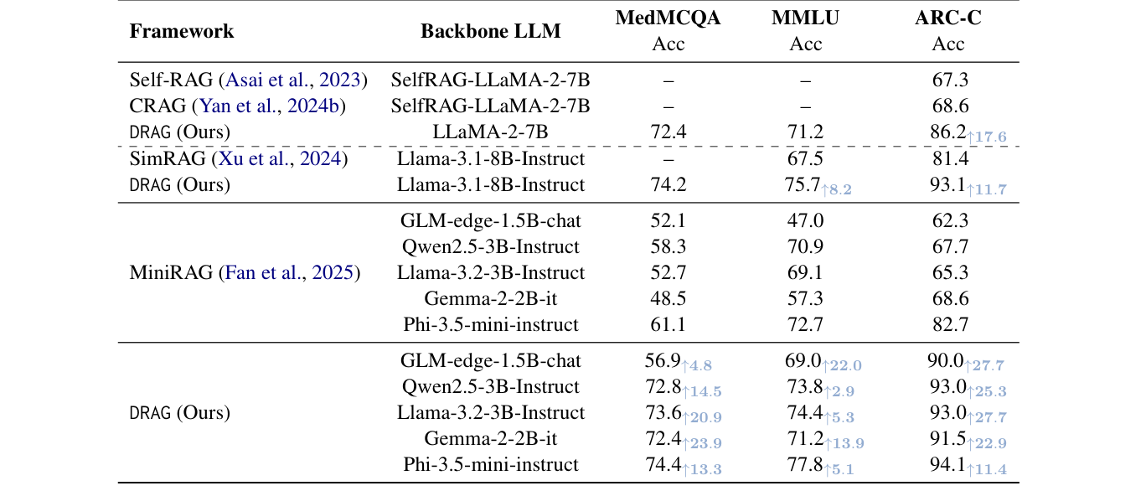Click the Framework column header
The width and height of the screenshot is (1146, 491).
(x=182, y=32)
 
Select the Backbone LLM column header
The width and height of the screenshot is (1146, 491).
(x=490, y=32)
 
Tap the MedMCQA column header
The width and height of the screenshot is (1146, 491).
(x=668, y=19)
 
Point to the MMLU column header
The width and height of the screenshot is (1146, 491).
(x=805, y=19)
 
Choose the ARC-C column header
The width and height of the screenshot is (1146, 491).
(x=947, y=19)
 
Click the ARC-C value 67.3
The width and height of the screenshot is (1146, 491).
(x=949, y=80)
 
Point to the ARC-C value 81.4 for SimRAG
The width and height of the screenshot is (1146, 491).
(x=949, y=158)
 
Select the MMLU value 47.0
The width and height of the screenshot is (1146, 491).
(x=805, y=221)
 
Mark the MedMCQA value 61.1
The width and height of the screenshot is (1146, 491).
(x=668, y=324)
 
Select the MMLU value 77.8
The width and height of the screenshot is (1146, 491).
(x=803, y=463)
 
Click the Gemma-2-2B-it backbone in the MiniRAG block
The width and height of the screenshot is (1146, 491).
(x=490, y=298)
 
